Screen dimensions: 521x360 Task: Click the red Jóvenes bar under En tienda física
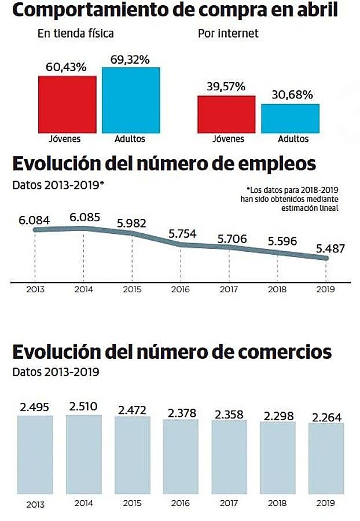(67, 104)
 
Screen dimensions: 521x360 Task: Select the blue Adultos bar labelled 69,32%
(131, 100)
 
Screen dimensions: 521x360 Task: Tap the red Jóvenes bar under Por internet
(226, 114)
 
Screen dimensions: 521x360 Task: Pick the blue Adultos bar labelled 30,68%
(290, 118)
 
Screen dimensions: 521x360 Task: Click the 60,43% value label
(66, 67)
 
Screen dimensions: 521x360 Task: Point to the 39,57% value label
(226, 87)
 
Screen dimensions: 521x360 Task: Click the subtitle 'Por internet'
(228, 34)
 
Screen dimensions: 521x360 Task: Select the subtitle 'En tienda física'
(76, 34)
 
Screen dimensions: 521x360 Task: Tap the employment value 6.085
(85, 218)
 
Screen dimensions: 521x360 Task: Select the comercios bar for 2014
(84, 452)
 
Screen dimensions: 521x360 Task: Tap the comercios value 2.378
(181, 413)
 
